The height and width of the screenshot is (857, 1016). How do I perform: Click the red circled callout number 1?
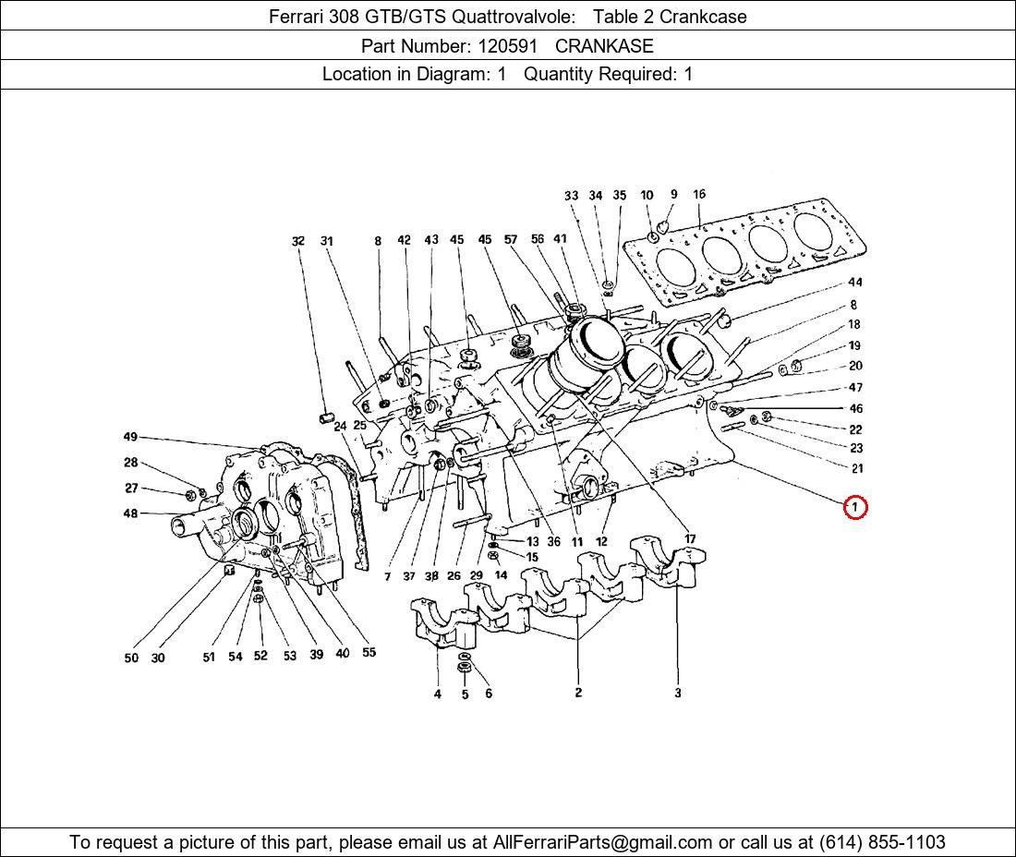click(x=855, y=507)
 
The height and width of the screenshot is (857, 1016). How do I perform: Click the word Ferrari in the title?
click(x=298, y=17)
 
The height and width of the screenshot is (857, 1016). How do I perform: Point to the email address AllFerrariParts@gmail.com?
click(x=603, y=842)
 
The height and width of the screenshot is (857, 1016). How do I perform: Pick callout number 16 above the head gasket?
click(x=699, y=195)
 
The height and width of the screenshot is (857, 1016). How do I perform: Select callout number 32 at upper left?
click(x=297, y=241)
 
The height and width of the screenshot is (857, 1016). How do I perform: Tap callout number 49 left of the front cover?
click(x=130, y=437)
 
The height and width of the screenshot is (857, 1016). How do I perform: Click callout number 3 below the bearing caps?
click(x=677, y=693)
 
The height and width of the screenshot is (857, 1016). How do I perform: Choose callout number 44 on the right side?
click(x=855, y=283)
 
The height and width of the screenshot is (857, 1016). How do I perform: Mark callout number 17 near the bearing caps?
click(x=689, y=539)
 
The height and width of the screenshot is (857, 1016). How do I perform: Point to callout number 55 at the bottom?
click(x=369, y=653)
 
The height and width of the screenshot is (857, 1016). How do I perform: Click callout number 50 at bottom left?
click(x=131, y=658)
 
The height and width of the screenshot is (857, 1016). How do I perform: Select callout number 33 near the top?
click(x=571, y=196)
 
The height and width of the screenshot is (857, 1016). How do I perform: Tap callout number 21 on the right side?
click(x=856, y=469)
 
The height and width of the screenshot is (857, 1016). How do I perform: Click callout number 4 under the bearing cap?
click(x=438, y=694)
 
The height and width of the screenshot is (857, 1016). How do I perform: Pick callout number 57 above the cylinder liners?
click(x=511, y=240)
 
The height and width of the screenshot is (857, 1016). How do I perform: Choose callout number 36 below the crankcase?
click(x=553, y=542)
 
